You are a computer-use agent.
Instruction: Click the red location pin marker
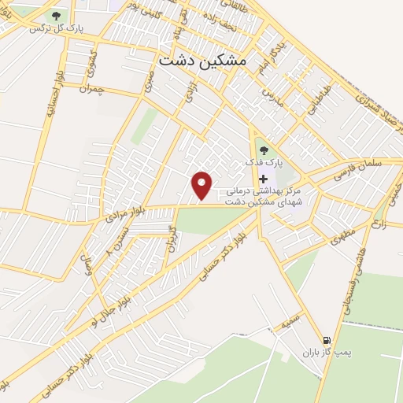point(203,186)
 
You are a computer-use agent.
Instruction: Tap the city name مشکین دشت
point(202,59)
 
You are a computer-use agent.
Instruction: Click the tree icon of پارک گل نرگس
point(56,15)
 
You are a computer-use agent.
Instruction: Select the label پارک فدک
point(263,163)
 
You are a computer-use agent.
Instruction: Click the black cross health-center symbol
point(263,179)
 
